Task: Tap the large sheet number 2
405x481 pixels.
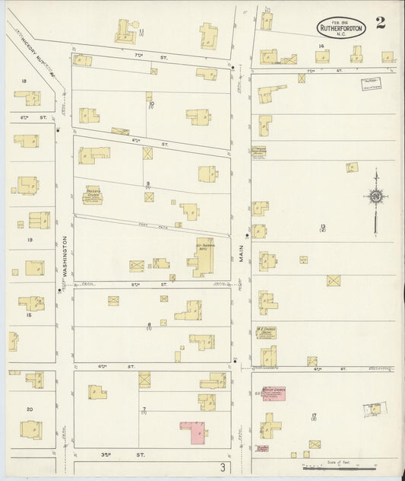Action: click(380, 21)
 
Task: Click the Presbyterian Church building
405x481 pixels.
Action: click(93, 196)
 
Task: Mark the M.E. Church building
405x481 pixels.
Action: click(265, 333)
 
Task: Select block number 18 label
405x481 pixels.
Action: click(24, 81)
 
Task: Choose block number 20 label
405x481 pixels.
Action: click(30, 409)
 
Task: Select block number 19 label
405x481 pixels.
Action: click(30, 240)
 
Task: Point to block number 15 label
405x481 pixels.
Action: click(30, 314)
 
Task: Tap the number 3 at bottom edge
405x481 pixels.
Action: click(223, 466)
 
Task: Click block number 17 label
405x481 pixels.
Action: click(314, 416)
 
